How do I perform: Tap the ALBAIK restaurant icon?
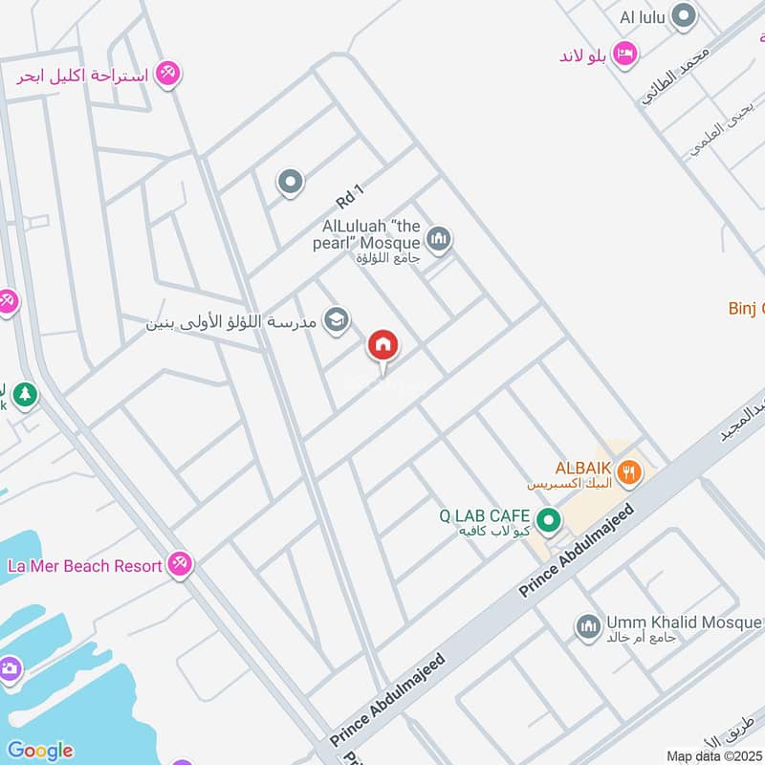pos(628,470)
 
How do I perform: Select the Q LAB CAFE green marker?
pos(548,521)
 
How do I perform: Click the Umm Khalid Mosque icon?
pos(587,627)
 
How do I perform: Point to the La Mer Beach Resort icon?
pos(179,565)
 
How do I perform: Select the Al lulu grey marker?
pos(683,16)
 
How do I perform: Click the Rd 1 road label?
pos(350,195)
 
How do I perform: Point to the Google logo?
pos(40,751)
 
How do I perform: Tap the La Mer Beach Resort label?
pos(84,566)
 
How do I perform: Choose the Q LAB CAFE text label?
pos(484,516)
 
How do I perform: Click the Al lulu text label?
pos(641,17)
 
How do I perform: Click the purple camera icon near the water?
pos(10,668)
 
